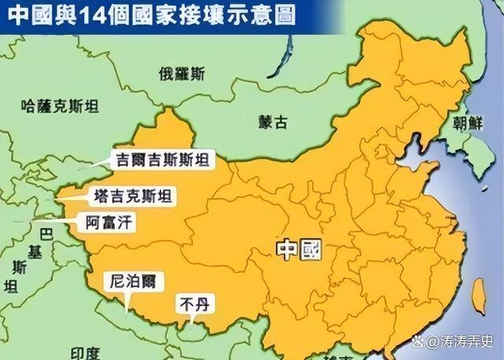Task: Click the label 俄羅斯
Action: tap(182, 75)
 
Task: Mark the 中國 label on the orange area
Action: tap(299, 250)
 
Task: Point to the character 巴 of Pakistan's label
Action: tap(46, 233)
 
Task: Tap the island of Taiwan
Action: tap(477, 294)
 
